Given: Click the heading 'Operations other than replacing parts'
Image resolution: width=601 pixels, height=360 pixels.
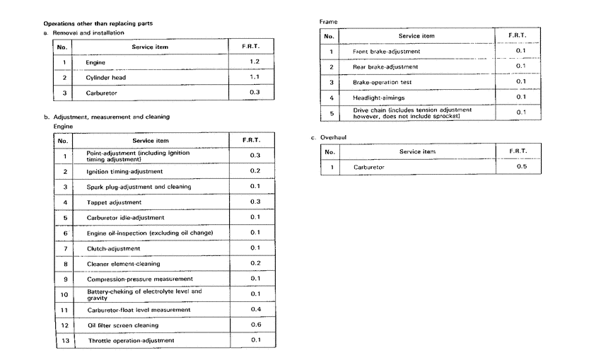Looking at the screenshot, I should tap(98, 23).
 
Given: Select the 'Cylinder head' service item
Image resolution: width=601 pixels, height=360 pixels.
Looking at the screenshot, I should tap(106, 77).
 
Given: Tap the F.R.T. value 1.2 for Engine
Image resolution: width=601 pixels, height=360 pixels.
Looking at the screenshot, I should tap(255, 62).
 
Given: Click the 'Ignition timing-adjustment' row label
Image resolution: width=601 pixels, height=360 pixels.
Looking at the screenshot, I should tap(124, 171).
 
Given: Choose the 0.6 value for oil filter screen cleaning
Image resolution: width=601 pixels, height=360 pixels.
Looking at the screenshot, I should tap(255, 325).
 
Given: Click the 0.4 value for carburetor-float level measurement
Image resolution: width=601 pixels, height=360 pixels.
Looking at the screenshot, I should tap(255, 309).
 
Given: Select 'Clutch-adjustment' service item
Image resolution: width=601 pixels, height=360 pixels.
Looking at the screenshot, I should tap(113, 248).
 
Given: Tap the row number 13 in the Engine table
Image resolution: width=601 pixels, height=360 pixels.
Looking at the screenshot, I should tap(64, 340).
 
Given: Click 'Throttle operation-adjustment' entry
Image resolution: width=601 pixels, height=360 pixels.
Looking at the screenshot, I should tap(131, 340).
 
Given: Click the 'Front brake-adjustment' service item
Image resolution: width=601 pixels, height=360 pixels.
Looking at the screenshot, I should tap(386, 52).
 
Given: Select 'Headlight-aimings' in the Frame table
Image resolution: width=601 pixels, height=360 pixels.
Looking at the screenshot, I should tap(379, 97).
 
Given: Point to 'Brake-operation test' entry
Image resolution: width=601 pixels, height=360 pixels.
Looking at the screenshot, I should tap(382, 82).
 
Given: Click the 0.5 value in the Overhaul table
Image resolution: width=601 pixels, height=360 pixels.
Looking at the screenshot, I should tap(522, 167).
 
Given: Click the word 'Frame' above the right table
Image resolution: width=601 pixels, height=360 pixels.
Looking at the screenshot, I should tap(329, 22).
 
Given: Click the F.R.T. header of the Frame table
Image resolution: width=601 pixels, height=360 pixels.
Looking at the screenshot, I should tap(520, 35).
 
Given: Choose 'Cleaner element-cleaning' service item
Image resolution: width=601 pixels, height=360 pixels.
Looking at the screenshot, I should tap(123, 264).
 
